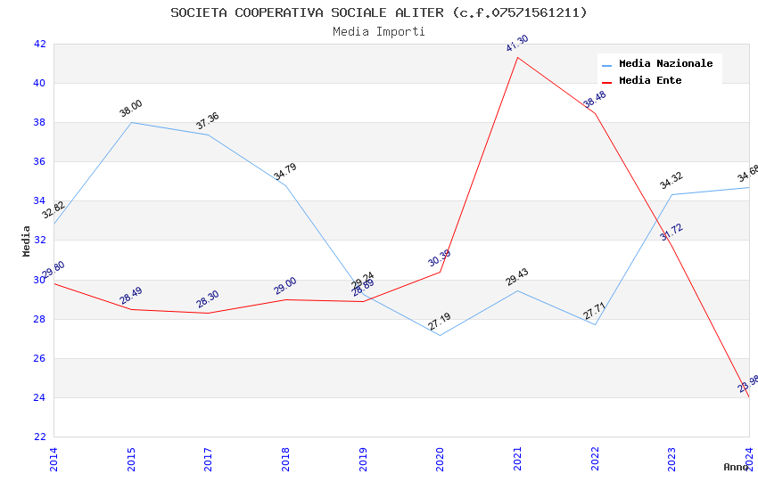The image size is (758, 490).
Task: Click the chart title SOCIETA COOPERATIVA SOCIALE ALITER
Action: [379, 12]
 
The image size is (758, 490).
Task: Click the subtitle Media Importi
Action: [379, 32]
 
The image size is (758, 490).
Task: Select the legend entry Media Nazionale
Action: [665, 64]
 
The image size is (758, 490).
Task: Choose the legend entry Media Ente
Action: [650, 81]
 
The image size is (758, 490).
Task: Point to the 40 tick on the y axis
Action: [39, 83]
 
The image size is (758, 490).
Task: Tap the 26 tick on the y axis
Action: [39, 358]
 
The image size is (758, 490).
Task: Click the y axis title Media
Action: [27, 241]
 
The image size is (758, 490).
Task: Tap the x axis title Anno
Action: [736, 467]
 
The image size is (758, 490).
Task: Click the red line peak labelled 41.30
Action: [517, 58]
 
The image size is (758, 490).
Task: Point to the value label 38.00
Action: [131, 109]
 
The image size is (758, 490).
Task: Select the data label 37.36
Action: [208, 121]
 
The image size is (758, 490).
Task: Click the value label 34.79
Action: [285, 173]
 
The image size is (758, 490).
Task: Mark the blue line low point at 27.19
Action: [440, 335]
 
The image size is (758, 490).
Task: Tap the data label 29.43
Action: [517, 276]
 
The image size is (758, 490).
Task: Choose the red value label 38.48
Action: [595, 100]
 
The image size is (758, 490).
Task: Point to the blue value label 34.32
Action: [671, 181]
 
